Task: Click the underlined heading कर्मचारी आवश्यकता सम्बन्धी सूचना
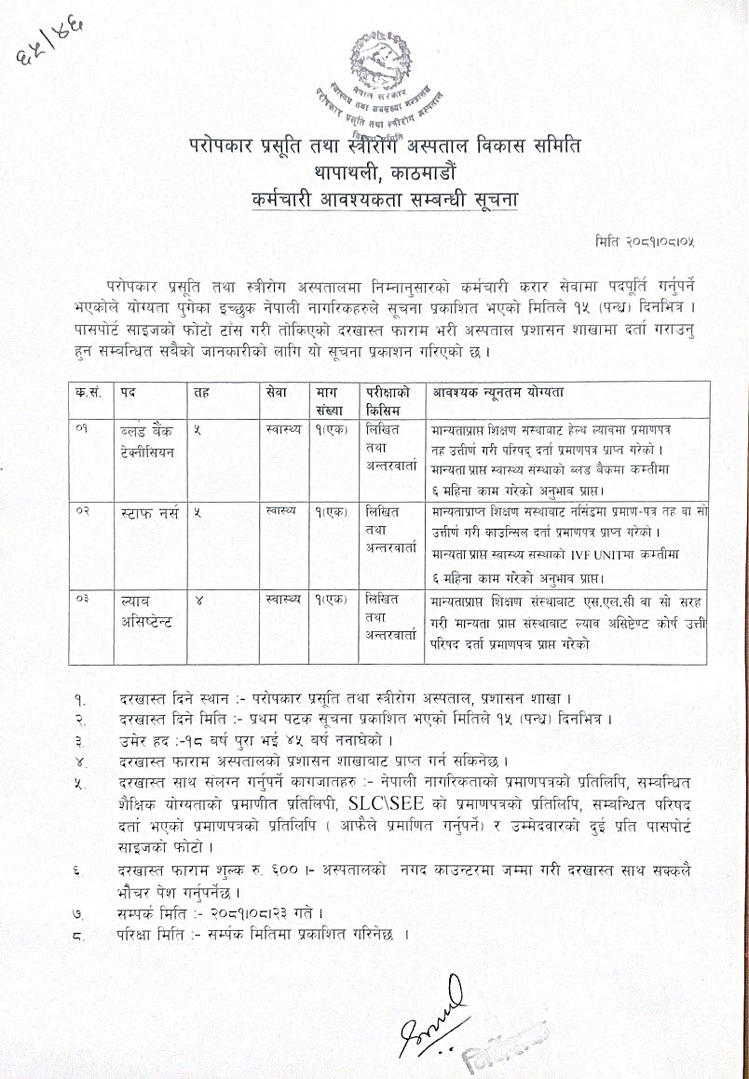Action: pos(375,199)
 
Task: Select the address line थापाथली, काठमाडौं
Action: pos(374,172)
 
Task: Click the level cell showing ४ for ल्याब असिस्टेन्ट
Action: pos(198,600)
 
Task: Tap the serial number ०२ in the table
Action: pos(85,512)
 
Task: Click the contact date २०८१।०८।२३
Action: pos(246,910)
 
